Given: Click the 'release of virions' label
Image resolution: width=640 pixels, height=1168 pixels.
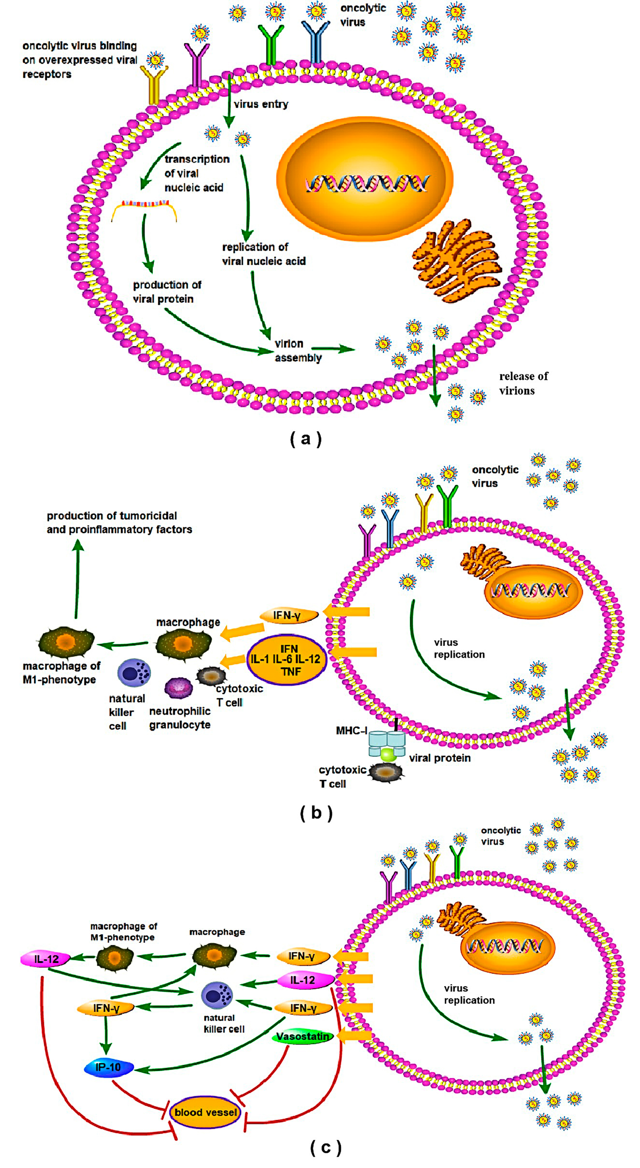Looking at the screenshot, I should pyautogui.click(x=523, y=383).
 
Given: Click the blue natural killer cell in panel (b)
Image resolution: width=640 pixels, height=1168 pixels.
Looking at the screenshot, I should pyautogui.click(x=134, y=673).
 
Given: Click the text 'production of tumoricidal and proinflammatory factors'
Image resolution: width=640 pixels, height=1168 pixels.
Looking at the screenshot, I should pyautogui.click(x=119, y=522).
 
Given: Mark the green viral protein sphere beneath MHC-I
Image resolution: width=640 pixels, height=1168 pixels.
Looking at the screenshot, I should pyautogui.click(x=388, y=754).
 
